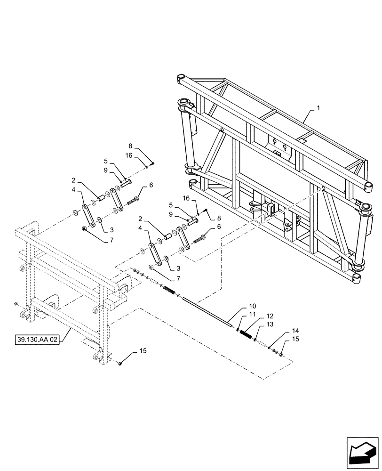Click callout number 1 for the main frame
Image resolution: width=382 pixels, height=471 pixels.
318,108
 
